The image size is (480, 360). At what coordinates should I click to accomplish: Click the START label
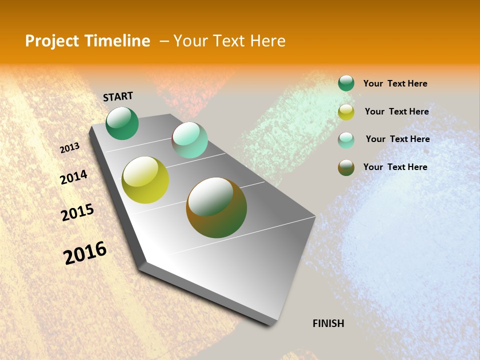point(118,96)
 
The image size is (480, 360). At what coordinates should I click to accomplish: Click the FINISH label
point(328,323)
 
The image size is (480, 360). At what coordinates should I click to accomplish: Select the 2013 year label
point(70,148)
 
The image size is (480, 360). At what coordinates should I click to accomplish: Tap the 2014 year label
point(74,177)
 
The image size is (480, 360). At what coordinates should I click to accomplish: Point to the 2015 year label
point(77,212)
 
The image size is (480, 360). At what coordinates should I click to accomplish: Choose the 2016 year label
point(85,252)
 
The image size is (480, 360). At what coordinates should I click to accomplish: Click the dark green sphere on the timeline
point(122,123)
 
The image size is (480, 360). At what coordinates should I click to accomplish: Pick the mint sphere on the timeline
point(189,139)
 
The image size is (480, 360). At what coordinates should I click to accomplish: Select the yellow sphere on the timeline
point(145,180)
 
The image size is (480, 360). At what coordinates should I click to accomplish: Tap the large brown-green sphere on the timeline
point(216,207)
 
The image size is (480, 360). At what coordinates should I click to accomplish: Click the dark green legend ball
point(346,83)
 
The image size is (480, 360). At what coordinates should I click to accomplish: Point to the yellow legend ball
point(346,112)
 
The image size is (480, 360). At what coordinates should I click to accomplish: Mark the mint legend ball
point(346,140)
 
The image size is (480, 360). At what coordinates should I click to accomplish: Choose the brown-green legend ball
point(346,167)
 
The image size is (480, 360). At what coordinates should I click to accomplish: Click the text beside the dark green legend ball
point(395,83)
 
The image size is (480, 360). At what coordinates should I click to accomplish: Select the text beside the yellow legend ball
point(396,111)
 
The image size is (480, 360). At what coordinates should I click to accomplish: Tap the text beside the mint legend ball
point(397,139)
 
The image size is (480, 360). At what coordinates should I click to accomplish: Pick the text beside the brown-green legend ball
point(395,167)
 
